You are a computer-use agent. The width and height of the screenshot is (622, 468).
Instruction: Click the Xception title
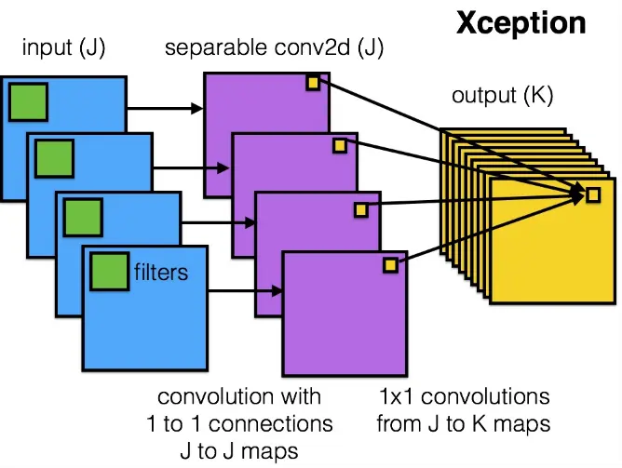pyautogui.click(x=521, y=23)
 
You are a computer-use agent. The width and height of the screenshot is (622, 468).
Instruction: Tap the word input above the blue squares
pyautogui.click(x=47, y=47)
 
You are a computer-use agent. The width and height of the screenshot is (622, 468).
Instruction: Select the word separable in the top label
pyautogui.click(x=216, y=48)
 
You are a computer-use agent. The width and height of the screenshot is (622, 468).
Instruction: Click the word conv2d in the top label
pyautogui.click(x=312, y=47)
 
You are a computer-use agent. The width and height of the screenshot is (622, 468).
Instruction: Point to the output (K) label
pyautogui.click(x=502, y=95)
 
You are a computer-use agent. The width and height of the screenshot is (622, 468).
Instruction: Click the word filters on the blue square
pyautogui.click(x=161, y=272)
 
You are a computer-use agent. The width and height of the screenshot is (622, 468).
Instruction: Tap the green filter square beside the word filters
pyautogui.click(x=110, y=272)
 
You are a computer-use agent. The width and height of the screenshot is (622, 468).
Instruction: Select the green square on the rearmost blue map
pyautogui.click(x=28, y=101)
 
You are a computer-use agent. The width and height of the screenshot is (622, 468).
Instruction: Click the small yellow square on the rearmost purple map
pyautogui.click(x=313, y=83)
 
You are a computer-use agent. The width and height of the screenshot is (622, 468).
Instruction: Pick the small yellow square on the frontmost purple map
pyautogui.click(x=390, y=265)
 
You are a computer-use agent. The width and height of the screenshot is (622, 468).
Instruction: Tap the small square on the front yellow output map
pyautogui.click(x=593, y=195)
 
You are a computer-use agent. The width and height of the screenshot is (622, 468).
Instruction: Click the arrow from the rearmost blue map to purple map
pyautogui.click(x=165, y=108)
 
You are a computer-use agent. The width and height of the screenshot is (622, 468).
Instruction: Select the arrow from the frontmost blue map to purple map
pyautogui.click(x=245, y=291)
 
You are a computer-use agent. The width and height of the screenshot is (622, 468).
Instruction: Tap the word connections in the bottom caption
pyautogui.click(x=271, y=423)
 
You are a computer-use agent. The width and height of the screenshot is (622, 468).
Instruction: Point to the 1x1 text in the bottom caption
pyautogui.click(x=398, y=396)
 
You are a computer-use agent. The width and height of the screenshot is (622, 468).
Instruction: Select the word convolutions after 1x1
pyautogui.click(x=485, y=396)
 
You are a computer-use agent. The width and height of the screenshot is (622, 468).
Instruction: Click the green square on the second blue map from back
pyautogui.click(x=54, y=158)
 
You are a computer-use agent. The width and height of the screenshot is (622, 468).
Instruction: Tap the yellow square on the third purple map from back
pyautogui.click(x=361, y=209)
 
